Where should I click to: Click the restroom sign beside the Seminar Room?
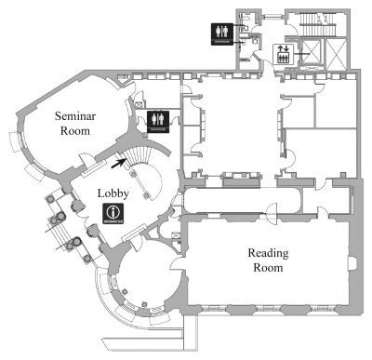[156, 119]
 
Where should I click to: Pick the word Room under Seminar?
[74, 133]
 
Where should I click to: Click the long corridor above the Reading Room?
[242, 200]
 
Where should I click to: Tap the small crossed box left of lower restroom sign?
[139, 118]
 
